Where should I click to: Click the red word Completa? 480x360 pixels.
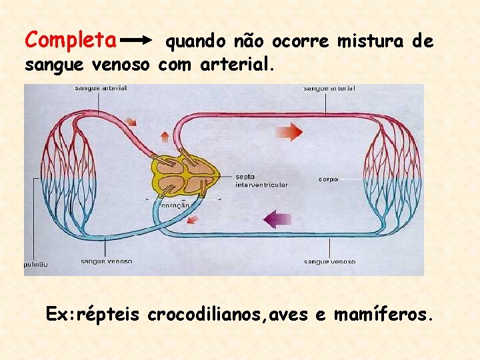pos(70,40)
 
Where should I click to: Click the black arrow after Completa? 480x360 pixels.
pos(141,41)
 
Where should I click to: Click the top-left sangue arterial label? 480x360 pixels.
pos(101,88)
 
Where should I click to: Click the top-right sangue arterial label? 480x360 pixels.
pos(329,88)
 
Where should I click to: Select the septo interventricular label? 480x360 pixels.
pos(261,181)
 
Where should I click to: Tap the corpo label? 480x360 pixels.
pos(328,179)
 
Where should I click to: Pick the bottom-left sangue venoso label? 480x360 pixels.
pos(106,261)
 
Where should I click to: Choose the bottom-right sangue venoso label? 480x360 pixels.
pos(329,262)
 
